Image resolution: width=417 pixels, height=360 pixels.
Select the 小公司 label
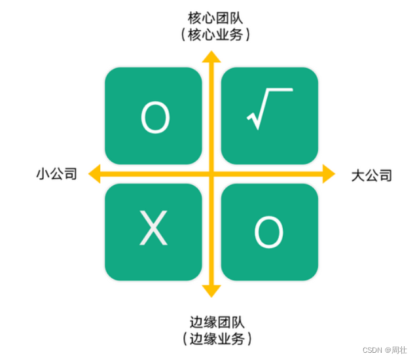(x=57, y=174)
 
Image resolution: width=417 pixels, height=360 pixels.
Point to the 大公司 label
(x=371, y=175)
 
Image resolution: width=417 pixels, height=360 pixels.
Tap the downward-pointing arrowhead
(x=211, y=291)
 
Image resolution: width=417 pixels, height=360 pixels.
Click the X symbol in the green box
(x=154, y=230)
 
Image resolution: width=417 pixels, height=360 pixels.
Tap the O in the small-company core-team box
(x=154, y=118)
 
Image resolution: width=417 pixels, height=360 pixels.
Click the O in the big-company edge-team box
(x=268, y=232)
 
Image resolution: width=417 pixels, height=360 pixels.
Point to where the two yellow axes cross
(x=211, y=173)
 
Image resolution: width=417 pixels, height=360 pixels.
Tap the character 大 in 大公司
(x=358, y=175)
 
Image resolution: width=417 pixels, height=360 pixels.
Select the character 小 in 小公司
(x=43, y=174)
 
